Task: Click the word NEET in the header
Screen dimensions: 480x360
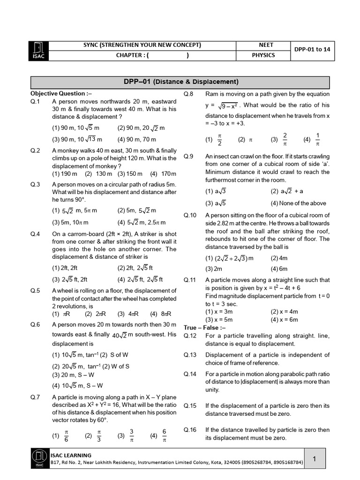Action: coord(266,45)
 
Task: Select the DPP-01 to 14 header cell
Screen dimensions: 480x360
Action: coord(315,50)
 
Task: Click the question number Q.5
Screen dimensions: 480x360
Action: coord(36,291)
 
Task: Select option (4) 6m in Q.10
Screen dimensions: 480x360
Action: coord(279,269)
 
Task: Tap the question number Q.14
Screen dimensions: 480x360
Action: coord(190,374)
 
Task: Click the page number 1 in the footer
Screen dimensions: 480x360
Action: coord(315,460)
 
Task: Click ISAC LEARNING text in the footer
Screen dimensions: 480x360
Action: coord(71,455)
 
